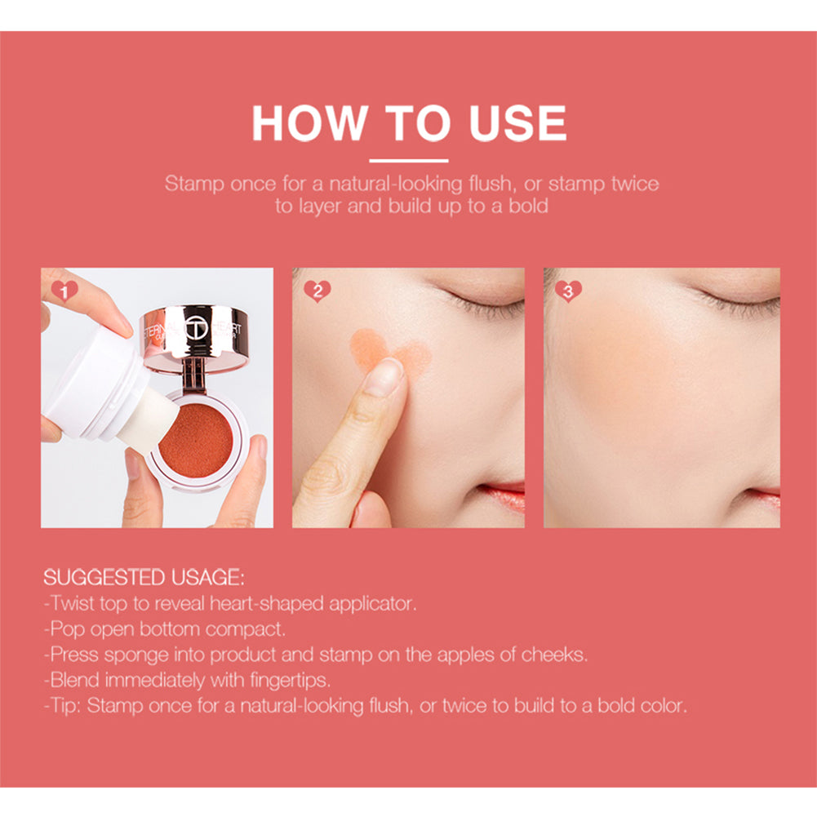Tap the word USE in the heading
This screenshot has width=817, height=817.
(x=517, y=123)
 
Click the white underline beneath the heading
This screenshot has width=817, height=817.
(x=408, y=161)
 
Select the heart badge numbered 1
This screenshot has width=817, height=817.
(x=64, y=290)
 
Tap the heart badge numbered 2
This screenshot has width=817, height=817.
(x=316, y=291)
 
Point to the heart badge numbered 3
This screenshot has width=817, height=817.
(x=567, y=291)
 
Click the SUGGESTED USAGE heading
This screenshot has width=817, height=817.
(x=144, y=578)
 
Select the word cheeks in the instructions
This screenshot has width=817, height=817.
(x=557, y=655)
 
